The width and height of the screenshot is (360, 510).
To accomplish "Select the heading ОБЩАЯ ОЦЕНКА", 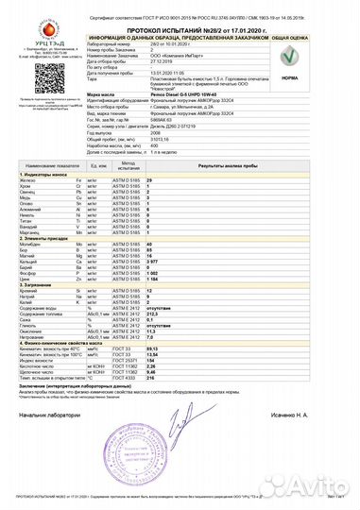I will point(316,38).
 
